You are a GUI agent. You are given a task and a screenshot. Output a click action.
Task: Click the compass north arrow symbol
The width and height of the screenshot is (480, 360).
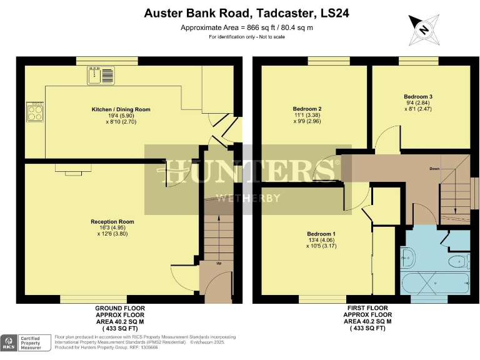coord(424,29)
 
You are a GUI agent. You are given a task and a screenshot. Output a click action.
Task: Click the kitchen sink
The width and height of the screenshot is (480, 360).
coord(102,76)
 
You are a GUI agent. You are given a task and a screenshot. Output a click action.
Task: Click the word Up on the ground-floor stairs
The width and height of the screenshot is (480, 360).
coord(219,263)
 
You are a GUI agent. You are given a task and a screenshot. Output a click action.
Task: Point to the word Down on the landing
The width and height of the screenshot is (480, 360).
coord(434,169)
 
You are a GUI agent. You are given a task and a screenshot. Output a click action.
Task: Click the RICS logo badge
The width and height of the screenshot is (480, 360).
coord(9,342)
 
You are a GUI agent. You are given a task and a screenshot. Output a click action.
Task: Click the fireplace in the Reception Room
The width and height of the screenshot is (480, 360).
coord(68,167)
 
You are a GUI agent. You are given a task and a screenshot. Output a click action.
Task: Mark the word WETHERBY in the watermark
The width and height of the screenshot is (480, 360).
coord(247,199)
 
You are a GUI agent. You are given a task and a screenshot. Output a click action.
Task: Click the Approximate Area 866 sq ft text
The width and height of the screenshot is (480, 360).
coord(247,27)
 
